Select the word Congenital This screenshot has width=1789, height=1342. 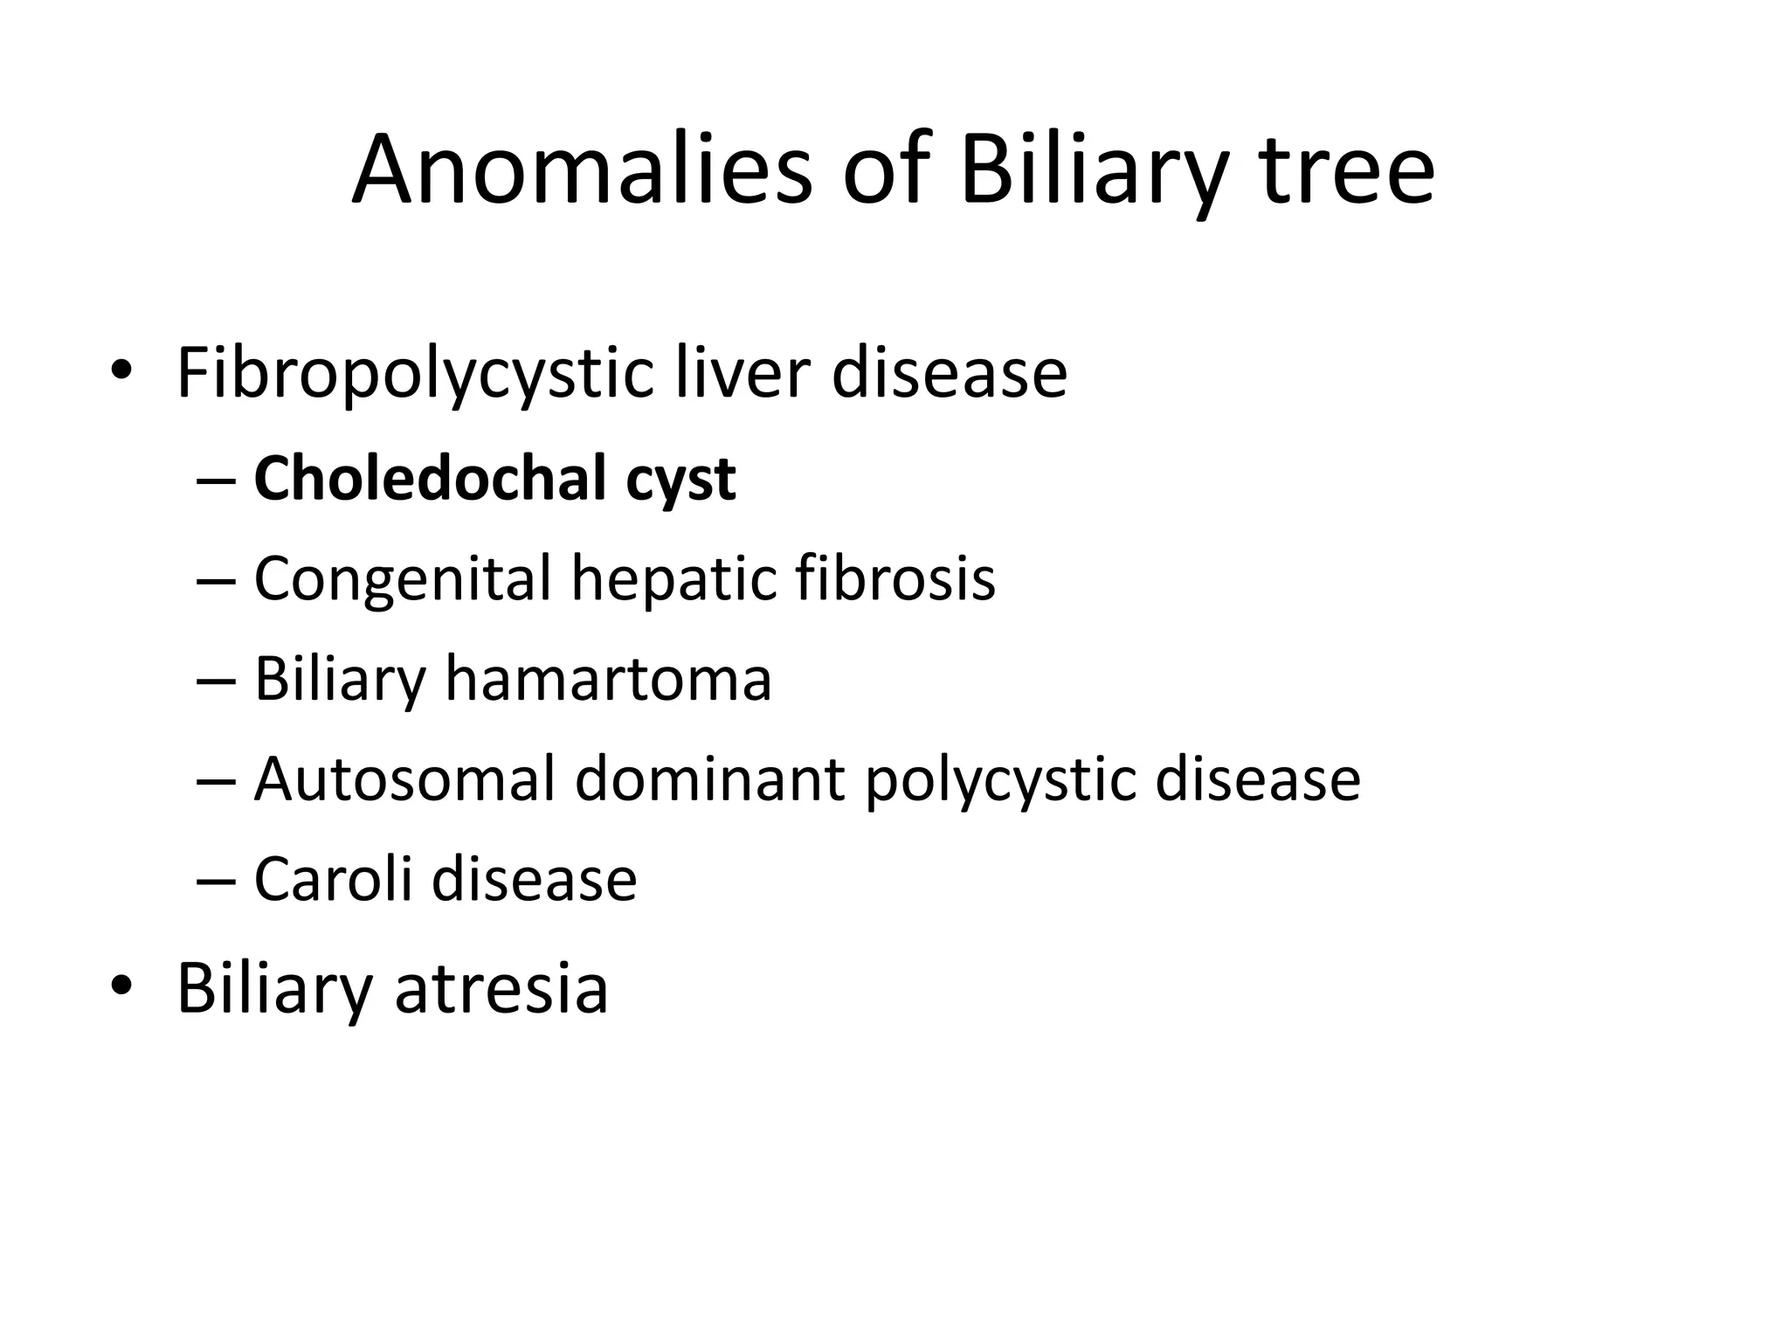pyautogui.click(x=403, y=580)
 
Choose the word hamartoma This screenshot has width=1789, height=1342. pyautogui.click(x=608, y=679)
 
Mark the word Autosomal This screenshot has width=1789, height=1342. pyautogui.click(x=404, y=778)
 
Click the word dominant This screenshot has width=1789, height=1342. pyautogui.click(x=709, y=778)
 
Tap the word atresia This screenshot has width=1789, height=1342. pyautogui.click(x=501, y=988)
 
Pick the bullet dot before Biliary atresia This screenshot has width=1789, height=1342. pyautogui.click(x=121, y=986)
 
